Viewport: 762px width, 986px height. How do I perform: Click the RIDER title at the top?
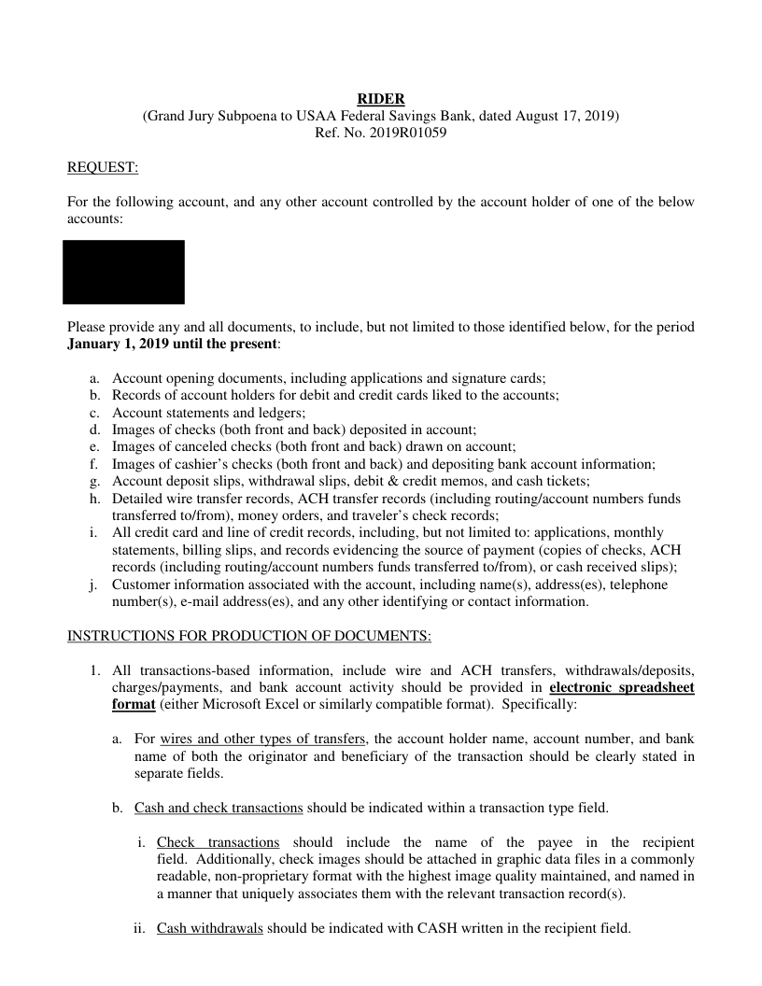click(381, 99)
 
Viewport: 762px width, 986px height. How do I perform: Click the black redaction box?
click(123, 272)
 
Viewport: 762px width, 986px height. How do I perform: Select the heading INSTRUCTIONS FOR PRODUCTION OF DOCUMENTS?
click(249, 636)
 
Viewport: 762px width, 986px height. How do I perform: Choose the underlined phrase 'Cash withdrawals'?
click(210, 930)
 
